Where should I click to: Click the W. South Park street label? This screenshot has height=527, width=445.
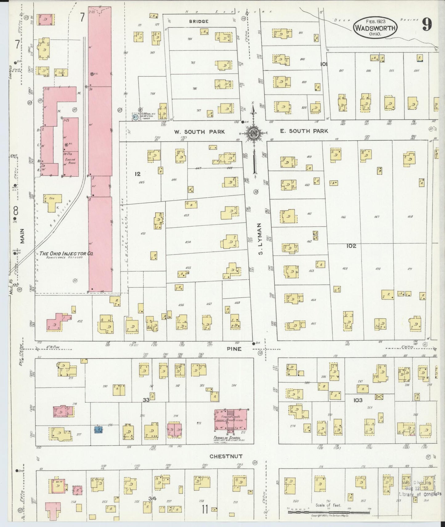click(199, 132)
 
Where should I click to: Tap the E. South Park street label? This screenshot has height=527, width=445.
click(304, 131)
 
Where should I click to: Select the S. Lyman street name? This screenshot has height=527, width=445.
click(261, 239)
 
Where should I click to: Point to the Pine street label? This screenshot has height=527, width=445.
click(235, 349)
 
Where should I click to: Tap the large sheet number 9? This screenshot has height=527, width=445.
click(427, 25)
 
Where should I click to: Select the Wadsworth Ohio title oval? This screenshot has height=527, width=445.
click(375, 27)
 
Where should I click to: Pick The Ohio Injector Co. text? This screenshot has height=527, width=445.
click(66, 254)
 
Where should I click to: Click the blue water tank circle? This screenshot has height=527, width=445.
click(135, 117)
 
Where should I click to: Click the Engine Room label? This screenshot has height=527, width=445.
click(71, 161)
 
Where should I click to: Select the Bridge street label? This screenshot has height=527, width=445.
click(199, 21)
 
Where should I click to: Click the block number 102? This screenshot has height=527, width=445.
click(351, 246)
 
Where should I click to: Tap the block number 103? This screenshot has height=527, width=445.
click(358, 400)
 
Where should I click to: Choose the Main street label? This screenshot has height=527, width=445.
click(22, 236)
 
